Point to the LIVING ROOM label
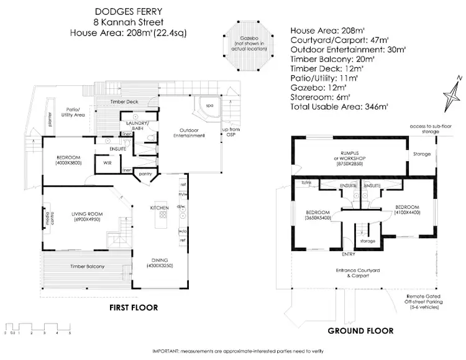87,216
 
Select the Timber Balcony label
87,266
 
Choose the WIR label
107,164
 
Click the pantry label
146,173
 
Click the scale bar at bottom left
37,328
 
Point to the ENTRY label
348,254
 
